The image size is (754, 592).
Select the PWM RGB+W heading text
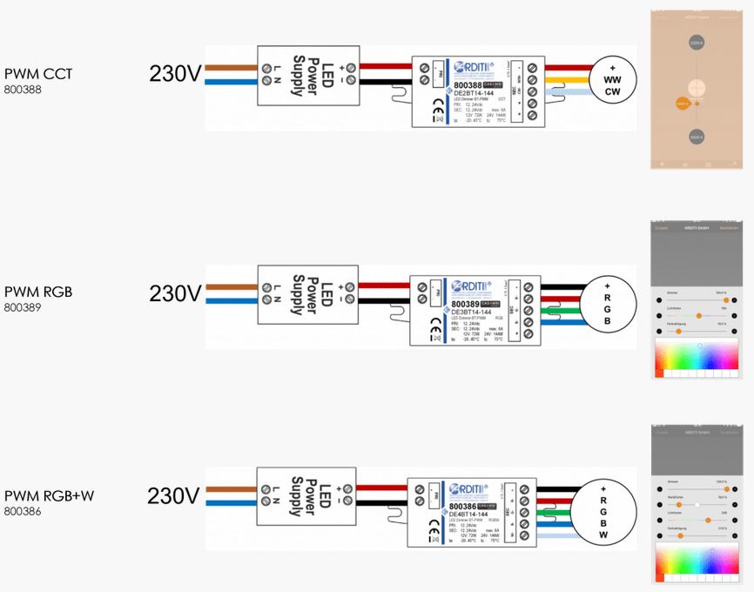pos(49,496)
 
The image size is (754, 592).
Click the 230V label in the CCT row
pos(175,74)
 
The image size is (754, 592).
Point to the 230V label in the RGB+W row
pos(173,496)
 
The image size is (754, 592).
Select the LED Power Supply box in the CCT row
pos(306,74)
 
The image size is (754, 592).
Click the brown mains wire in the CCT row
pos(231,66)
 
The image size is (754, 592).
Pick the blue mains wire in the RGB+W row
pos(231,502)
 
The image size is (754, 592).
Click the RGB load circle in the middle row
pos(607,302)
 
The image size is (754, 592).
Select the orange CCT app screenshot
pos(696,89)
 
